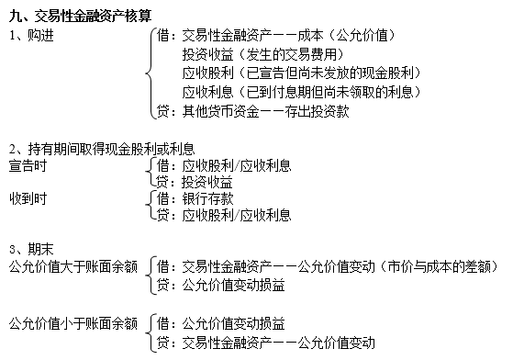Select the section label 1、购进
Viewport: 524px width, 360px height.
(x=28, y=35)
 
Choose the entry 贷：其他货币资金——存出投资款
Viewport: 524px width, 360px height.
(x=252, y=112)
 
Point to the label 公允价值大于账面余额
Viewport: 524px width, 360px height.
(x=72, y=267)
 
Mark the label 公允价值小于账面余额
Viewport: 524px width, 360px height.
(x=72, y=323)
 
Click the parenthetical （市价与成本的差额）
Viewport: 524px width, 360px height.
(x=438, y=267)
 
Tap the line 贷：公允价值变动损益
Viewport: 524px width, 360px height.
(x=221, y=286)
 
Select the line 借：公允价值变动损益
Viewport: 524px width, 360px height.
(x=221, y=323)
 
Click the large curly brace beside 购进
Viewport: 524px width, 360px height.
(x=151, y=73)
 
